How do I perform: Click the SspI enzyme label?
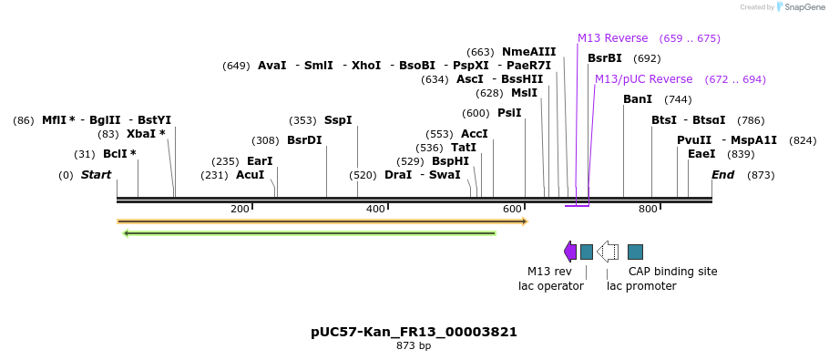[x=338, y=120]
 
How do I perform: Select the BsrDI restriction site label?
[x=304, y=140]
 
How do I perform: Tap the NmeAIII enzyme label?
[x=528, y=52]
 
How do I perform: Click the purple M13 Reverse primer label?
[x=612, y=38]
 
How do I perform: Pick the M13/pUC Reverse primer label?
[x=643, y=79]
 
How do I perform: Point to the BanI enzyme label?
[x=638, y=99]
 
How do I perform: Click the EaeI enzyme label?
[x=701, y=154]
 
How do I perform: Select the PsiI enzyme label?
[x=509, y=113]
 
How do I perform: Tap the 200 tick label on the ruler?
[x=240, y=210]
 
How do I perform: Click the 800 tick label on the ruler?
[x=648, y=210]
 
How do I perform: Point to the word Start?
[x=96, y=175]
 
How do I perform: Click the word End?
[x=722, y=175]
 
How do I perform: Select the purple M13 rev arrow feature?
[x=570, y=252]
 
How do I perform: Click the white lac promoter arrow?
[x=608, y=252]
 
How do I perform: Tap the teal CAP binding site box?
[x=635, y=252]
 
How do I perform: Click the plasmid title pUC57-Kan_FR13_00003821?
[x=414, y=332]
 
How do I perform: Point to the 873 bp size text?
[x=414, y=346]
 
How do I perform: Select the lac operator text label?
[x=550, y=286]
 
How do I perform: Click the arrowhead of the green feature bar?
[x=126, y=233]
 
